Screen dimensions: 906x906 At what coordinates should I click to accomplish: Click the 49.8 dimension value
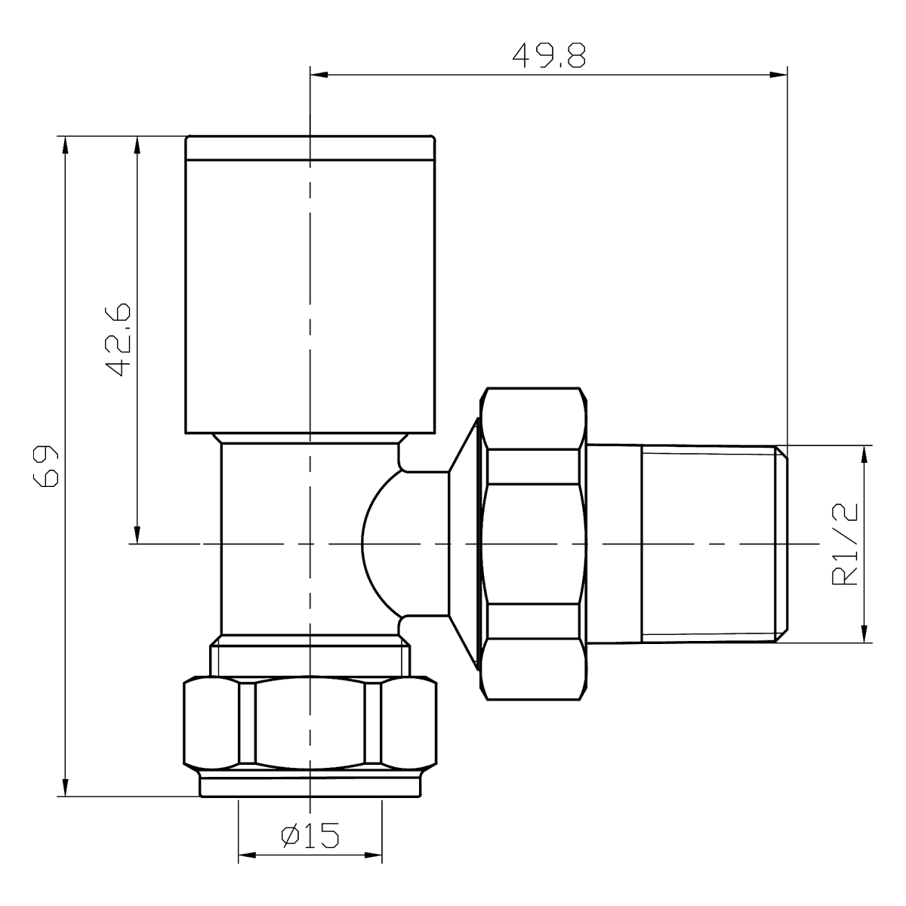(x=549, y=56)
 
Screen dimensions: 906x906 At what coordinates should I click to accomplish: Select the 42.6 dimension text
(x=118, y=340)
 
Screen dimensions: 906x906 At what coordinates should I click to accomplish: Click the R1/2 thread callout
(x=846, y=545)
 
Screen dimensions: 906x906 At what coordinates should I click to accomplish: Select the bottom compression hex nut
(x=310, y=725)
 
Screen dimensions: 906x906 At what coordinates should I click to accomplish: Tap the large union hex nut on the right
(x=533, y=544)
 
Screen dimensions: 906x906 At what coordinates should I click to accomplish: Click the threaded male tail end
(x=710, y=544)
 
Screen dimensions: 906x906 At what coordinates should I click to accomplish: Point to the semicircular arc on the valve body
(x=377, y=544)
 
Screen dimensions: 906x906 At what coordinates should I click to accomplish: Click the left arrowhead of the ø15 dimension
(x=248, y=856)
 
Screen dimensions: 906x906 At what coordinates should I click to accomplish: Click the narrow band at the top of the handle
(x=310, y=148)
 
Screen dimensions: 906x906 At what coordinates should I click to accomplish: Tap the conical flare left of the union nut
(x=462, y=544)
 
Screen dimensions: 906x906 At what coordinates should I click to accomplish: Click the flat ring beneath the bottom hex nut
(x=310, y=784)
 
